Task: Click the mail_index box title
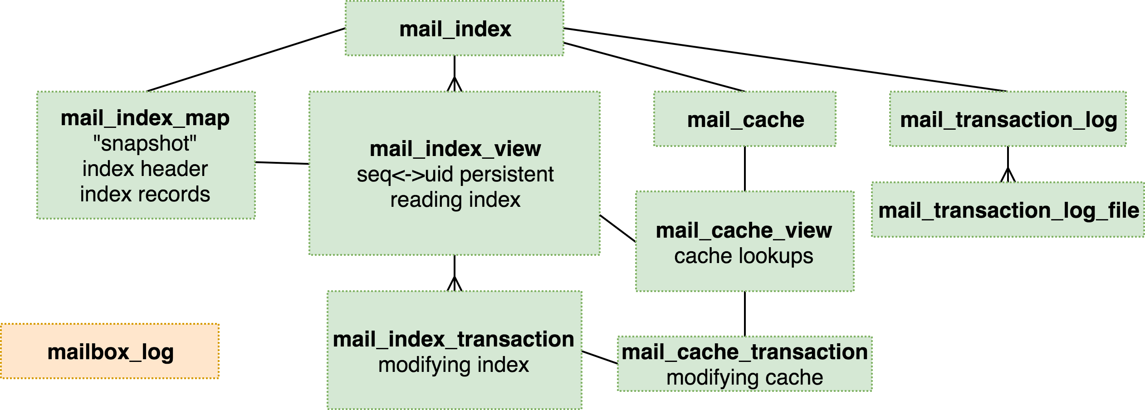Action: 455,29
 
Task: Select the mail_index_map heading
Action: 145,118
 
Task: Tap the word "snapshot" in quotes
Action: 145,144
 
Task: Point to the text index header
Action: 145,169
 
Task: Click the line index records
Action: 145,195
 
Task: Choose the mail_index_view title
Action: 455,149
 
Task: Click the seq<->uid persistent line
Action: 455,175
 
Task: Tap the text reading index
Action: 455,200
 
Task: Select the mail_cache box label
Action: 745,120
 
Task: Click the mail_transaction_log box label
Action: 1008,120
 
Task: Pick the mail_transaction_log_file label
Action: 1008,210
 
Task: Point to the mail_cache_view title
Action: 744,230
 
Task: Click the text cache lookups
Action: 744,256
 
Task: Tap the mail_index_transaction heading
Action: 454,339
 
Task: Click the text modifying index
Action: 454,365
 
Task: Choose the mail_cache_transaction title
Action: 744,352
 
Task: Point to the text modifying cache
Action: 744,378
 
